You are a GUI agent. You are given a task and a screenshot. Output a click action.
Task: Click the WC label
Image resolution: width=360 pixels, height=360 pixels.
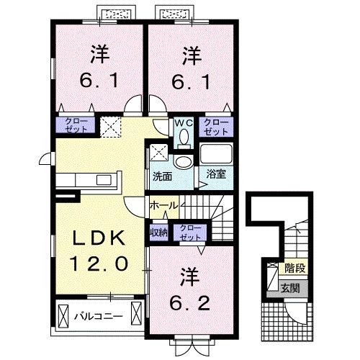(183, 122)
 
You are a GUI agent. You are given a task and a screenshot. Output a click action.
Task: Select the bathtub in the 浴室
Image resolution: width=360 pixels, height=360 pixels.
(214, 155)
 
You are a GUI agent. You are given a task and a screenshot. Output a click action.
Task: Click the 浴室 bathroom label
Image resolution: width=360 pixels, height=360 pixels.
(215, 174)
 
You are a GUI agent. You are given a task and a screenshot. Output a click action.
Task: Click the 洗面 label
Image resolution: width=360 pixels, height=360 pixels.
(162, 175)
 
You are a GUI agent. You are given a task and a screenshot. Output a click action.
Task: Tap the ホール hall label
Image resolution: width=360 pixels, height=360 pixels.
(163, 206)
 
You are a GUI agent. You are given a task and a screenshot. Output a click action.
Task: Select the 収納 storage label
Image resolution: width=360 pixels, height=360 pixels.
(160, 232)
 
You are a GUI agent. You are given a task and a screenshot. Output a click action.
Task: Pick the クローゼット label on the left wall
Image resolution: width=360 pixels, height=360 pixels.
(76, 125)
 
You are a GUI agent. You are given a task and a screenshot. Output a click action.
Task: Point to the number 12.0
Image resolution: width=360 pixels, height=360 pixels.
(99, 264)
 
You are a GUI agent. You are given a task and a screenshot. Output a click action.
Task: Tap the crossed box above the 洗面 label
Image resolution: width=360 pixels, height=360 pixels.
(158, 153)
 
